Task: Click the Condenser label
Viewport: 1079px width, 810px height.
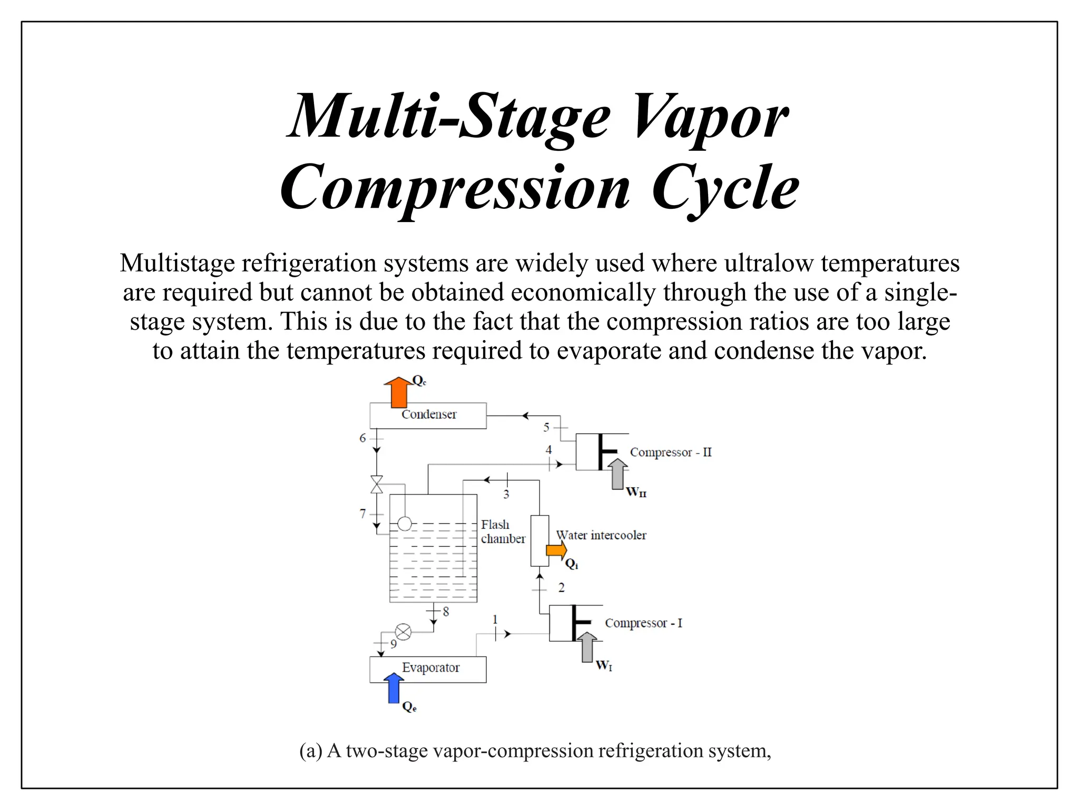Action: tap(429, 414)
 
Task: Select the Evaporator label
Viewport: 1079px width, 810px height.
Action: tap(430, 668)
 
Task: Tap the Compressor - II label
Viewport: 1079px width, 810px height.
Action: tap(671, 452)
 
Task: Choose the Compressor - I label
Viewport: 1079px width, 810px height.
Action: tap(643, 623)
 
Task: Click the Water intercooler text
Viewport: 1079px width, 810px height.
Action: tap(601, 535)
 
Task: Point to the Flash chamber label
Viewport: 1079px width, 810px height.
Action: tap(502, 532)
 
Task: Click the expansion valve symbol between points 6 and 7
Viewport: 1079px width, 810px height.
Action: tap(377, 484)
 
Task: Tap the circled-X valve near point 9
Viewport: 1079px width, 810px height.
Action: tap(403, 632)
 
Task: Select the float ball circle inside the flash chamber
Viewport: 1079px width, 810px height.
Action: tap(405, 523)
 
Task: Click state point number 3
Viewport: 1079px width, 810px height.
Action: tap(506, 495)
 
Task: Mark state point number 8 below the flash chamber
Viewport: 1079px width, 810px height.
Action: tap(446, 612)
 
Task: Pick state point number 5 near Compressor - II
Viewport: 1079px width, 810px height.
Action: tap(546, 427)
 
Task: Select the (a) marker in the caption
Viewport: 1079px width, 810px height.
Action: tap(310, 750)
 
